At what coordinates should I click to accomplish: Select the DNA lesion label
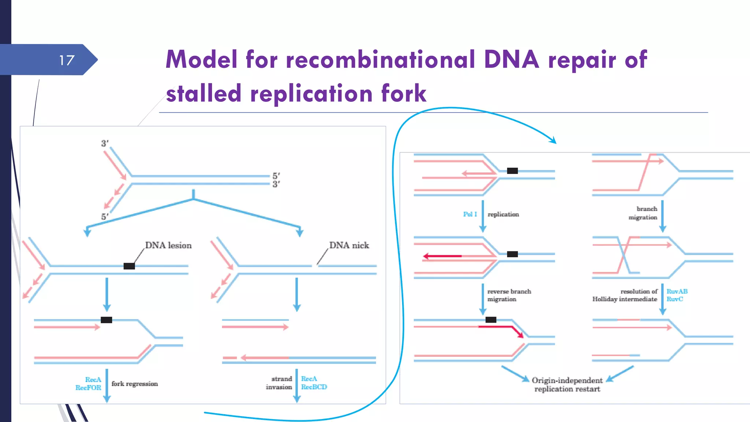[168, 245]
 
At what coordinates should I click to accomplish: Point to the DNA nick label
[349, 245]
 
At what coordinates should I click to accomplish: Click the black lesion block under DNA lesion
[129, 266]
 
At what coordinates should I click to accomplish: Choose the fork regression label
[134, 384]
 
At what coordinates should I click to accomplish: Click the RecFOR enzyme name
[88, 388]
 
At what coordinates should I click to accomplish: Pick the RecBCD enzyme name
[314, 387]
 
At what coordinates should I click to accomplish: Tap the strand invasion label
[279, 383]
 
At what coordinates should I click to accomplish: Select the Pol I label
[470, 214]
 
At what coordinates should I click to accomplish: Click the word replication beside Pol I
[503, 214]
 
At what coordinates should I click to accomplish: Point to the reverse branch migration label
[509, 295]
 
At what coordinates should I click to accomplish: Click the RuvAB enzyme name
[677, 291]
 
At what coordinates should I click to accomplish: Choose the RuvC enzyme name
[675, 299]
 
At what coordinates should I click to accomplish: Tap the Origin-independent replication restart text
[567, 385]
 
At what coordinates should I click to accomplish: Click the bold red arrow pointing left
[442, 256]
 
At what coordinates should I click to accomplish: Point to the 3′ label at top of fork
[105, 143]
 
